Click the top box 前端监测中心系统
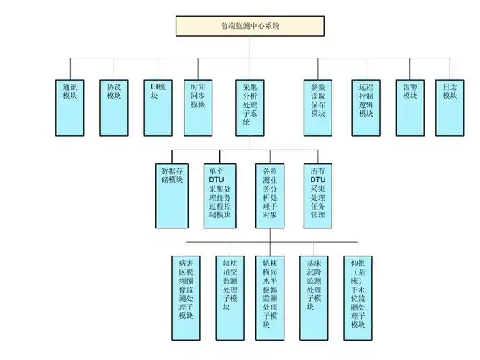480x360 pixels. coord(250,25)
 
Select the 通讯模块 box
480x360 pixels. coord(73,107)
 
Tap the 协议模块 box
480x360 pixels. coord(114,107)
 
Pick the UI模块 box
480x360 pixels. coord(158,107)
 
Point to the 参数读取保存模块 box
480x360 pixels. coord(319,107)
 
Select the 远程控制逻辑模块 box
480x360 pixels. coord(367,107)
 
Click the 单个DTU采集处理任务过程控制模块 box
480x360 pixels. coord(222,195)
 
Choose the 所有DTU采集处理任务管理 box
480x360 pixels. coord(318,195)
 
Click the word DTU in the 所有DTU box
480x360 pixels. coord(318,180)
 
